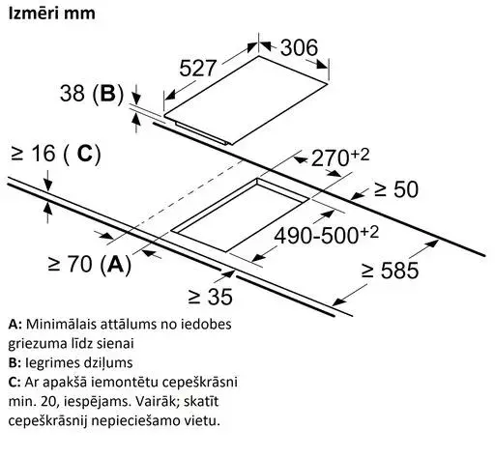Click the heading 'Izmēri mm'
tap(51, 14)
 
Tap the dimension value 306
tap(299, 48)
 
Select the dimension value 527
tap(197, 68)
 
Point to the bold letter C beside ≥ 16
tap(85, 154)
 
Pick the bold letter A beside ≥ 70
tap(115, 264)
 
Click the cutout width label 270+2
tap(340, 157)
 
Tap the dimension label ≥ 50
tap(396, 189)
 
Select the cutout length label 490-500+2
tap(326, 235)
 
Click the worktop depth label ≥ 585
tap(391, 271)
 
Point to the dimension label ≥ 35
tap(210, 297)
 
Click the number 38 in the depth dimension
tap(73, 93)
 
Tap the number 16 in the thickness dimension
tap(44, 154)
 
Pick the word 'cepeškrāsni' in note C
tap(200, 383)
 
